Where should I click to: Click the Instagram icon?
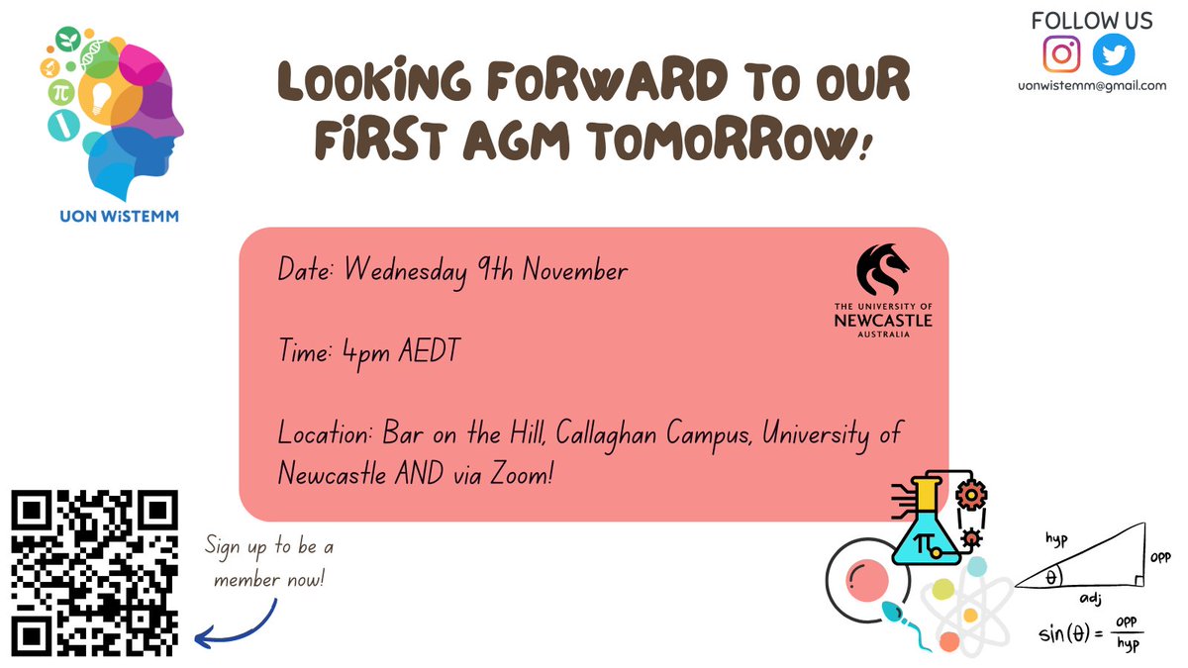click(x=1062, y=53)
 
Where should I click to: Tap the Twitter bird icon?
click(x=1114, y=53)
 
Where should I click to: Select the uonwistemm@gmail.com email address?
click(x=1092, y=86)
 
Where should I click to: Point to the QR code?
click(x=94, y=573)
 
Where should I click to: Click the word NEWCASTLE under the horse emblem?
click(x=883, y=320)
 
